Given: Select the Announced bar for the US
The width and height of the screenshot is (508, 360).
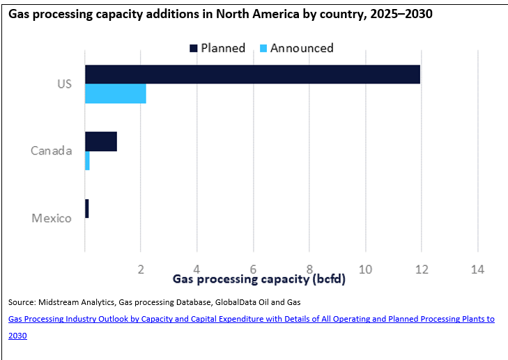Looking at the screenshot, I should (116, 94).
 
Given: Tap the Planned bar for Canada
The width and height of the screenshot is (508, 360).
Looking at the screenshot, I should (101, 141).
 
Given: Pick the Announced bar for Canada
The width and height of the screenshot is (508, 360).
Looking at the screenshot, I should (87, 161).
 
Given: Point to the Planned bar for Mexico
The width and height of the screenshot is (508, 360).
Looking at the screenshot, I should (87, 209).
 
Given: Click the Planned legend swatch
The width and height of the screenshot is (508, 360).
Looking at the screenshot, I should (193, 48).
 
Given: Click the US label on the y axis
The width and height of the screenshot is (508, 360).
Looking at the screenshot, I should (64, 84).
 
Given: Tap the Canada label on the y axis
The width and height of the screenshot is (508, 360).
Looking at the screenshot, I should (52, 150).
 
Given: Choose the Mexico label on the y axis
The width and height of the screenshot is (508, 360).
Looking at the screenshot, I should (52, 218).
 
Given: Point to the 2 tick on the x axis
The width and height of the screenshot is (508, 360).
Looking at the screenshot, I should (141, 269).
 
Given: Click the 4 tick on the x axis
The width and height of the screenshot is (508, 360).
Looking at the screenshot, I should (197, 269).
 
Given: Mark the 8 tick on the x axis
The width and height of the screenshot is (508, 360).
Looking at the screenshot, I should (309, 269).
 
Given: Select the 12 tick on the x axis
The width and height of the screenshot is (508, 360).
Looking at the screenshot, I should (420, 269).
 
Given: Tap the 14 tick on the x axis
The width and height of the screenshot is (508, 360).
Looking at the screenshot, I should (477, 269).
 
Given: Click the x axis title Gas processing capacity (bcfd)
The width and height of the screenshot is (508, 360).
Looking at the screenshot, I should (259, 280).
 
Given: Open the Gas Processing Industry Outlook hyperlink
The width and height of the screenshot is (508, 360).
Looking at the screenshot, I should (252, 319).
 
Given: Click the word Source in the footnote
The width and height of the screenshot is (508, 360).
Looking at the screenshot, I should (22, 302).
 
